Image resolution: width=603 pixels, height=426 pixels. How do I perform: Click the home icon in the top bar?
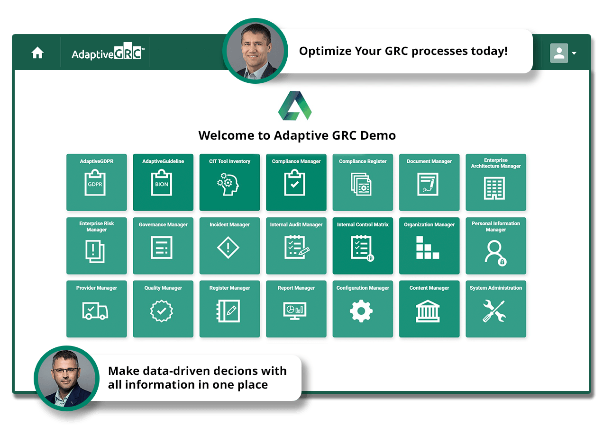point(37,53)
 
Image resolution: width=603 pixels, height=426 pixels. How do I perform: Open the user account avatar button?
point(559,53)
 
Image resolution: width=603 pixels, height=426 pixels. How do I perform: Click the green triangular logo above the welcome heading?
point(295,106)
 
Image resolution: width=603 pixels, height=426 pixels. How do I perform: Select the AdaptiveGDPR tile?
point(97,182)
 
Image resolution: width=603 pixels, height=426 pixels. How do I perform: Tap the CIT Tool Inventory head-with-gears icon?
point(229,184)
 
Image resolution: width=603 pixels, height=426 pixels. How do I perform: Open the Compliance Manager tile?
point(296,182)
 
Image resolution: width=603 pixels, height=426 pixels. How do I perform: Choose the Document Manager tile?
point(429,182)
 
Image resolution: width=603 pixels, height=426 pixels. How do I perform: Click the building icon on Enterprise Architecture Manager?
point(495,187)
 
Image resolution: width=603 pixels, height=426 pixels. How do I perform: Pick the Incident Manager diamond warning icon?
point(229,247)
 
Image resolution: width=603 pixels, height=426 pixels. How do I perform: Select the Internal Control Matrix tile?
point(363,246)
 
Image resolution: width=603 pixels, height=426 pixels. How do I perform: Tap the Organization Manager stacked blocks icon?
point(428,248)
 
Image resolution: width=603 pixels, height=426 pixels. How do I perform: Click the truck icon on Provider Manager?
point(95,311)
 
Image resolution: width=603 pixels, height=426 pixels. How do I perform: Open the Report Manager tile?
point(296,309)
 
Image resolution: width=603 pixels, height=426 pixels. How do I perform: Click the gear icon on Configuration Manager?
point(361,311)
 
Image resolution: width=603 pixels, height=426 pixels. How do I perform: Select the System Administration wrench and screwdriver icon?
point(494,311)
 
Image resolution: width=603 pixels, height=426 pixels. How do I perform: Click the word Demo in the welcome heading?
point(378,136)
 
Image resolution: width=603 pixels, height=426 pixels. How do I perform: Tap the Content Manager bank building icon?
point(428,311)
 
